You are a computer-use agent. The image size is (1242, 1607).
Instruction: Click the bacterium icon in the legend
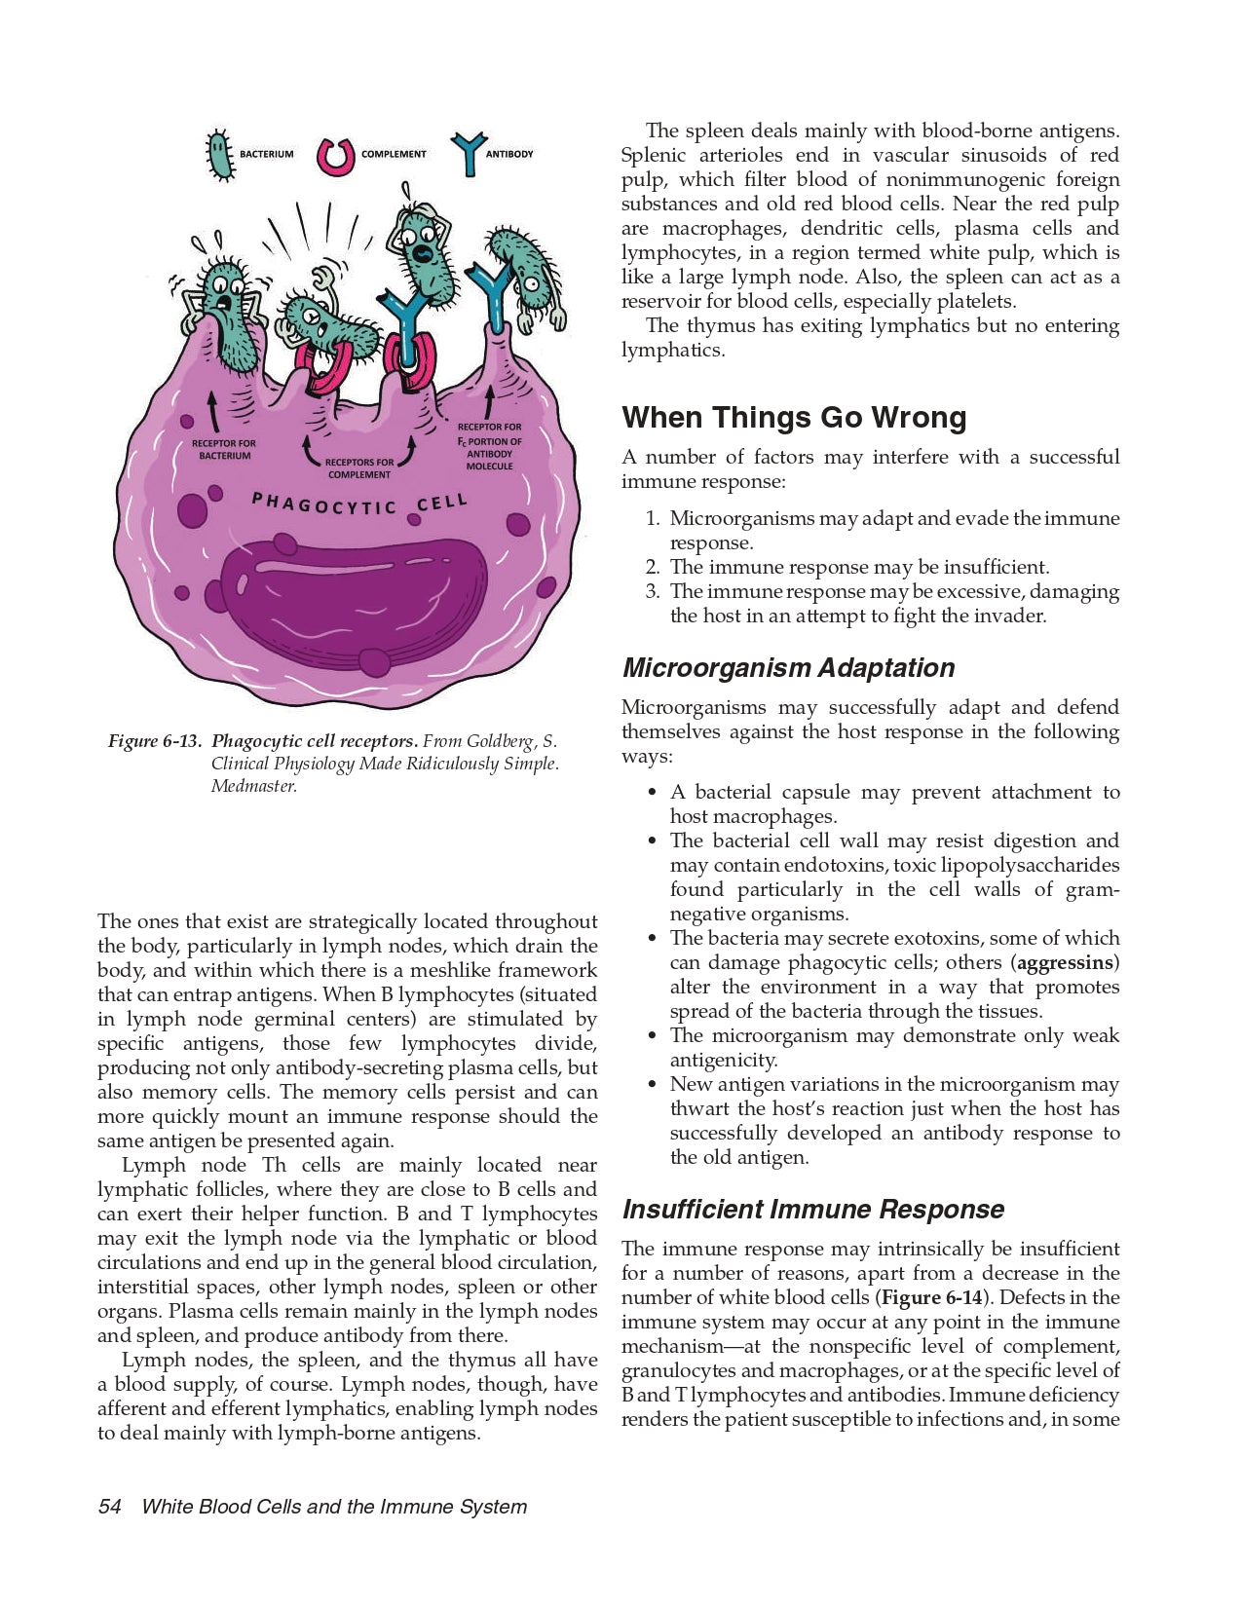[222, 155]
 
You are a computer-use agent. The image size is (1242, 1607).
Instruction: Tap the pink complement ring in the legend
[335, 155]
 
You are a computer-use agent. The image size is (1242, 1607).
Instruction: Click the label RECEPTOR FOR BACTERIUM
[223, 449]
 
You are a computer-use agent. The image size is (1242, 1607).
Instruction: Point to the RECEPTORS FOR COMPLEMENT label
[359, 468]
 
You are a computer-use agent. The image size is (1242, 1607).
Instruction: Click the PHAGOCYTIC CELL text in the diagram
[359, 504]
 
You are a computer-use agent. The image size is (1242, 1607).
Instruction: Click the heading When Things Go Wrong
[794, 417]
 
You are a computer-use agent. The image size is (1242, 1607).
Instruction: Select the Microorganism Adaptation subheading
[788, 668]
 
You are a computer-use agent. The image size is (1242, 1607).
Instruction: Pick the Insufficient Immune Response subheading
[812, 1210]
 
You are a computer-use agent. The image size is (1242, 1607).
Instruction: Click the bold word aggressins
[1066, 962]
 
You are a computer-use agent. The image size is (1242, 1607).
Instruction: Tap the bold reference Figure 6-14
[931, 1297]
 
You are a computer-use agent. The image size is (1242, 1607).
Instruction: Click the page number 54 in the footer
[109, 1507]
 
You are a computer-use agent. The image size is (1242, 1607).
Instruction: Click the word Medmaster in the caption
[252, 786]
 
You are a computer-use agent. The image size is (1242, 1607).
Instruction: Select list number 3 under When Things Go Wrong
[653, 591]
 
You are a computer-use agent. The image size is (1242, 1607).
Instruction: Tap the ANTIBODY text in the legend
[508, 154]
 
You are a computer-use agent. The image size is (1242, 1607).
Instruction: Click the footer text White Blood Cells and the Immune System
[334, 1507]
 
